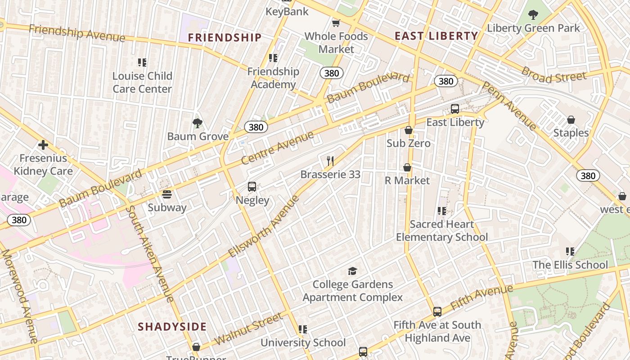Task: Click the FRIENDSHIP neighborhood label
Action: click(225, 37)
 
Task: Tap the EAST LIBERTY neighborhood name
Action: click(436, 36)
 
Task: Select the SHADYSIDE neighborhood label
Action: click(172, 327)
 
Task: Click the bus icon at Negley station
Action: click(252, 187)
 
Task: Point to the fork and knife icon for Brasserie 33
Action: click(330, 161)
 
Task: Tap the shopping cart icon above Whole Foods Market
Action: click(336, 23)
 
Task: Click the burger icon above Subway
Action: click(167, 194)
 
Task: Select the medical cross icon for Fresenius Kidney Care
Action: click(43, 145)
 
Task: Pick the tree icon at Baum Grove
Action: click(197, 123)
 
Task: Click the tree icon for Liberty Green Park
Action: click(533, 15)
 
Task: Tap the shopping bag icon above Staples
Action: click(571, 120)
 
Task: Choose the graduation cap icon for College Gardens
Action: click(352, 271)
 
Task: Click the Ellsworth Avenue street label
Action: click(264, 226)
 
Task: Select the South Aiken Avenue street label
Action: click(149, 254)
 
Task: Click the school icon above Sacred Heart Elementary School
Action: click(441, 211)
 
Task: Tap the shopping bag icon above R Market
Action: click(407, 167)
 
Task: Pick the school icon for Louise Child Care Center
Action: click(142, 63)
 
